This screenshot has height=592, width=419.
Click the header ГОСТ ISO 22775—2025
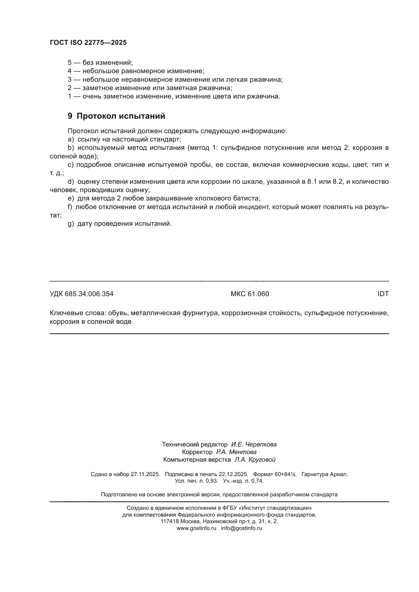tap(88, 43)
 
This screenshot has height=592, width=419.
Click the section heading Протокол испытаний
tap(121, 116)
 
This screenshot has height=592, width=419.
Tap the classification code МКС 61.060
tap(250, 294)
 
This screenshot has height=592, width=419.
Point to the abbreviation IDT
tap(383, 294)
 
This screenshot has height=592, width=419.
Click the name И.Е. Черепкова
tap(254, 444)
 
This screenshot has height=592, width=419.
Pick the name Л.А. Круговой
tap(255, 459)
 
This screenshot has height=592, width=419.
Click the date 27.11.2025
tap(145, 474)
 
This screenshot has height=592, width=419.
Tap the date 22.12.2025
tap(233, 474)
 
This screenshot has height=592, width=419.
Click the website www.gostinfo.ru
tap(196, 528)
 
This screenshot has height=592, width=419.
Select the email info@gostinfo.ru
tap(241, 528)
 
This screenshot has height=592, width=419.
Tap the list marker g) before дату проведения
tap(71, 224)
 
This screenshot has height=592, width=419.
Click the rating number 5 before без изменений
tap(70, 63)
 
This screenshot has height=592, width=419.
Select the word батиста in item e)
tap(247, 198)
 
